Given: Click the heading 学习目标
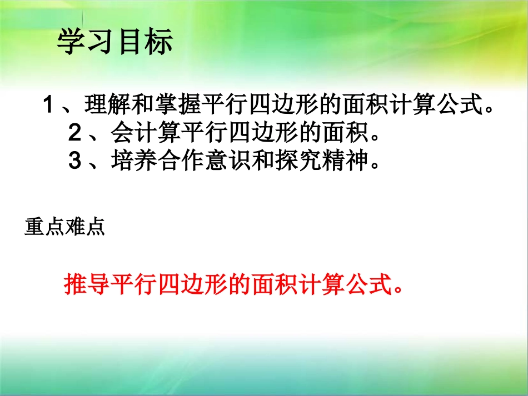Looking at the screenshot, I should pos(115,42).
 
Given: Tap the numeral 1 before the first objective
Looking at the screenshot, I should pos(48,104).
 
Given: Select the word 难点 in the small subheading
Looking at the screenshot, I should pos(84,228).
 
